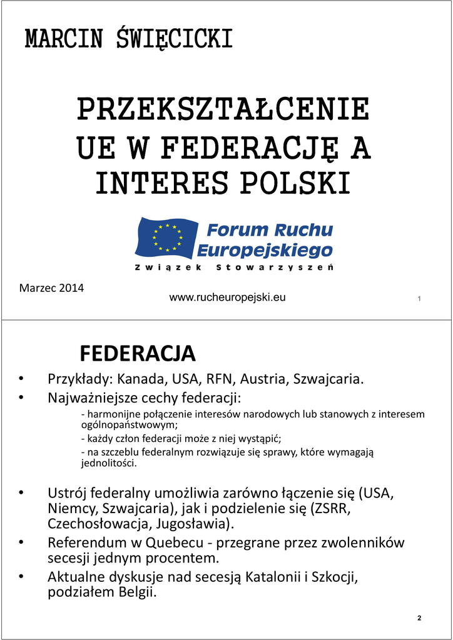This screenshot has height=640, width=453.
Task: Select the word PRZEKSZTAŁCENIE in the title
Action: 223,111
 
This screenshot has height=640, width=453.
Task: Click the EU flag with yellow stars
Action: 166,237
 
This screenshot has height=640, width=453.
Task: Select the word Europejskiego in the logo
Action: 265,251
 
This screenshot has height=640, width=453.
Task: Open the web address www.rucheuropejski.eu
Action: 228,297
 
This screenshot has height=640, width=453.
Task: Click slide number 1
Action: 419,299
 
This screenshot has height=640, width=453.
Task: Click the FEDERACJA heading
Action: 138,354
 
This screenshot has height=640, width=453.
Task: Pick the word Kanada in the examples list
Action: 142,379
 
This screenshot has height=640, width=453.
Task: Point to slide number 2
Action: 419,618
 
